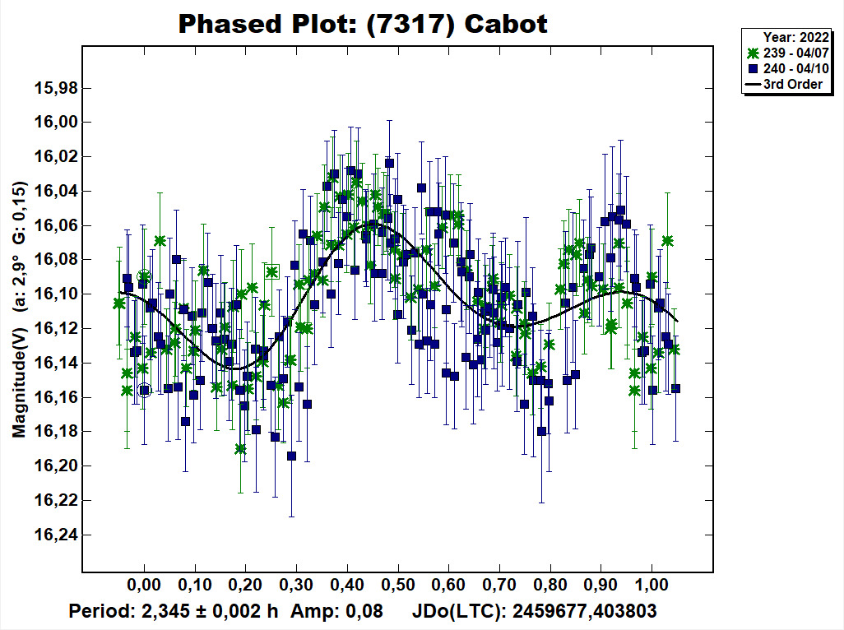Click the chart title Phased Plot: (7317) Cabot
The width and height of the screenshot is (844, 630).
point(363,24)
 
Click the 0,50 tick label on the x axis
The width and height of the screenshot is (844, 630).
point(398,585)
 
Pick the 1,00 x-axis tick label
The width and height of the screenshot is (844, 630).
point(652,585)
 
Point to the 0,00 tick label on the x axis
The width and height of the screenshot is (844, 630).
point(144,585)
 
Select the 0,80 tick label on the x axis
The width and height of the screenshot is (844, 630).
point(550,585)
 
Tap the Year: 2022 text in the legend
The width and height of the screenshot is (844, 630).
point(792,37)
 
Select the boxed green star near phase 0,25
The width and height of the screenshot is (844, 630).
point(272,271)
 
